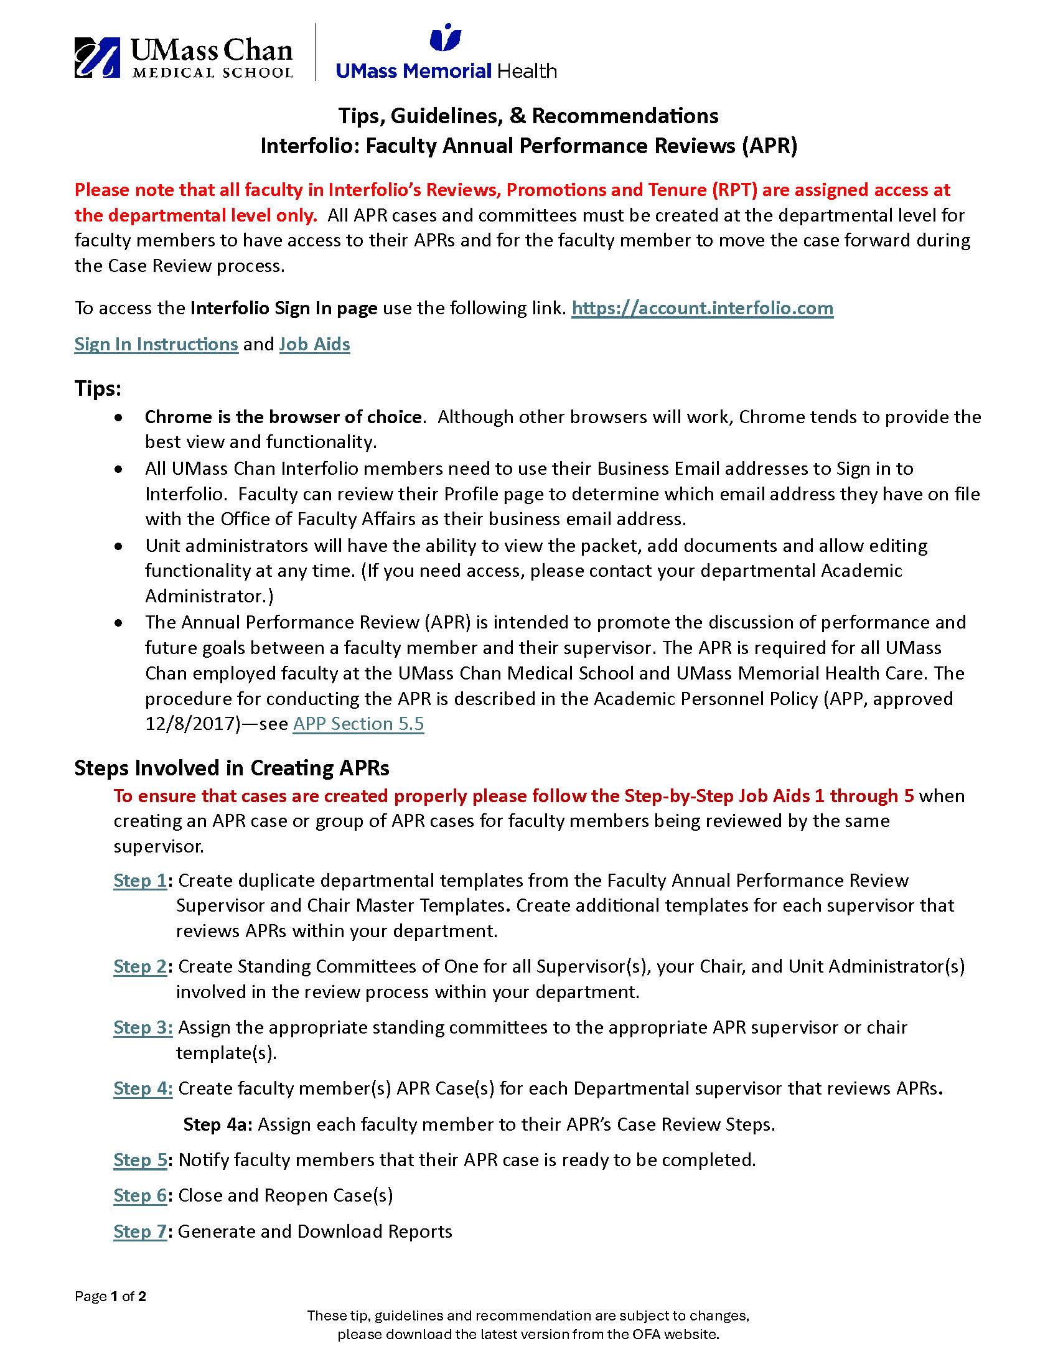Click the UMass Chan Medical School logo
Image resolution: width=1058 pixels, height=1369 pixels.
(183, 58)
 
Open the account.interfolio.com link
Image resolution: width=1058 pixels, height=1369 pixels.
(702, 308)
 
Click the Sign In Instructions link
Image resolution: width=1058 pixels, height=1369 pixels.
(156, 344)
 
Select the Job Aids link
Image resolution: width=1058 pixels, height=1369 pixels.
(314, 344)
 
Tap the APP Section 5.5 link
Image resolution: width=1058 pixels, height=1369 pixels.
(358, 723)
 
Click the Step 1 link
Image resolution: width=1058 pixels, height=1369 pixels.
(140, 880)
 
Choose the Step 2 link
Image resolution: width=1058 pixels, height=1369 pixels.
(140, 966)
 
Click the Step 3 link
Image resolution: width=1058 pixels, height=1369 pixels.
(143, 1027)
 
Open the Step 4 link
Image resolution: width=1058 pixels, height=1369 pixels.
(143, 1088)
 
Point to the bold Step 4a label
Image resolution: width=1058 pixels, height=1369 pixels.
(217, 1124)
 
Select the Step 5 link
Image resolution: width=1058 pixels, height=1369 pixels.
(140, 1160)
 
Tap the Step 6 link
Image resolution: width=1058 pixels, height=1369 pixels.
(140, 1195)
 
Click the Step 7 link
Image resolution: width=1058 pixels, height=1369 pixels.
(140, 1231)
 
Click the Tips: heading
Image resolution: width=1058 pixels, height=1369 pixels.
(98, 389)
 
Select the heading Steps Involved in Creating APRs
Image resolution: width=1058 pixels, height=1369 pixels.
(232, 768)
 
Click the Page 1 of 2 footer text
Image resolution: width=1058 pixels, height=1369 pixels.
(110, 1296)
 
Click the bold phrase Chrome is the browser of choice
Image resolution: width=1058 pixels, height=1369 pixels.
(284, 417)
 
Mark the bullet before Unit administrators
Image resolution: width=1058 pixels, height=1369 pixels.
(118, 546)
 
